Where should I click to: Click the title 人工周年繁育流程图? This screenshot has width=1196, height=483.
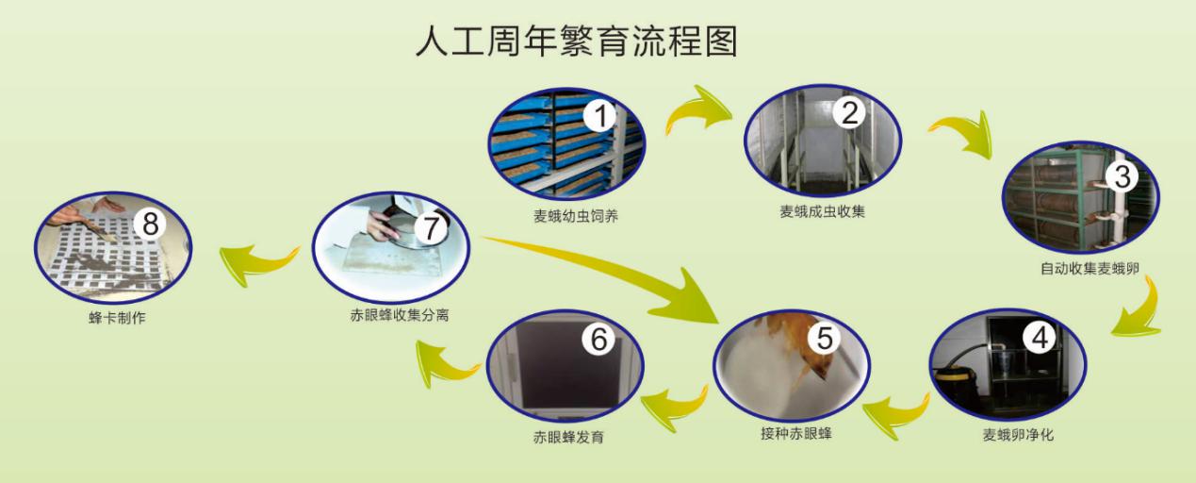pos(577,41)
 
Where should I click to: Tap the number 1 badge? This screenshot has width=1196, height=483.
pos(600,116)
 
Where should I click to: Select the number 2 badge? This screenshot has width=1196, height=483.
pos(849,112)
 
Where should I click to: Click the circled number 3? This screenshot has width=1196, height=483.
pos(1122,176)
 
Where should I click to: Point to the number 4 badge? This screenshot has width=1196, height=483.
pos(1040,338)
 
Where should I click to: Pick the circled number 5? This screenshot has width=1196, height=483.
pos(825,338)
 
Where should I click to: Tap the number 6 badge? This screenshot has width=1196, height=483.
pos(598,339)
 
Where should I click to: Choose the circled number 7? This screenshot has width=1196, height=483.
pos(431,228)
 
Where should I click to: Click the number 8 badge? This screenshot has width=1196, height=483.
pos(150,224)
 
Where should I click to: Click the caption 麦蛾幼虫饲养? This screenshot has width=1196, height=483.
pos(576,216)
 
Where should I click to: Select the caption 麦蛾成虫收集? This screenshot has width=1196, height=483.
pos(822,211)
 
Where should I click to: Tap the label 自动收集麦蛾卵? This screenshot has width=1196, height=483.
pos(1090,268)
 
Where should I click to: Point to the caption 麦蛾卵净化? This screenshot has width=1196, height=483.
pos(1018,435)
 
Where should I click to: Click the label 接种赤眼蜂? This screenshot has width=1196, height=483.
pos(796,433)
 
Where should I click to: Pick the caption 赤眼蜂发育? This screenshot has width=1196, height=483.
pos(568,437)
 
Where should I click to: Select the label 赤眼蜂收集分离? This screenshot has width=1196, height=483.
pos(400,315)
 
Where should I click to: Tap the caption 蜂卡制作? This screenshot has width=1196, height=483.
pos(117,318)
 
